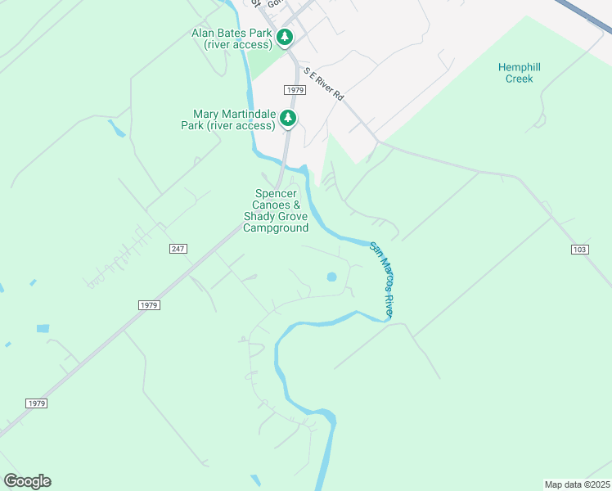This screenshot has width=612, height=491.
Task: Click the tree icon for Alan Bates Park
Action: point(285,37)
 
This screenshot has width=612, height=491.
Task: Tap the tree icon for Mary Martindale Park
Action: point(288,119)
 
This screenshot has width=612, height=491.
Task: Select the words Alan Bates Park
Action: point(232,33)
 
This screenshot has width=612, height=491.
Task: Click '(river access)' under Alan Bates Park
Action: point(237,44)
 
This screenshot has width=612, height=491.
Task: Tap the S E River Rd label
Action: point(324,84)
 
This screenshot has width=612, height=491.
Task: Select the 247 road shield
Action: point(179,248)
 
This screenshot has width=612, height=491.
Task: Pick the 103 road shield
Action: point(579,248)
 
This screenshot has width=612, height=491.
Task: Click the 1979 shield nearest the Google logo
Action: point(36,403)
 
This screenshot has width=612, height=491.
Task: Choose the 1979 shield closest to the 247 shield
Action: point(148,304)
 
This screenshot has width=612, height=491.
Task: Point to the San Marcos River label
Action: point(383,280)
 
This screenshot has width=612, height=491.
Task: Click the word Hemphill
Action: point(520,67)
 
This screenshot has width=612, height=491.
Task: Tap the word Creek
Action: point(520,79)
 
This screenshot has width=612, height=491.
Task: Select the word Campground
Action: point(276,227)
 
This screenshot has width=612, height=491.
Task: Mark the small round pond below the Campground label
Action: point(331,277)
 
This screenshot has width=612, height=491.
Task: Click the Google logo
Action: point(28,481)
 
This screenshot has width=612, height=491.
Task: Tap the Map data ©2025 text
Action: point(577,484)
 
